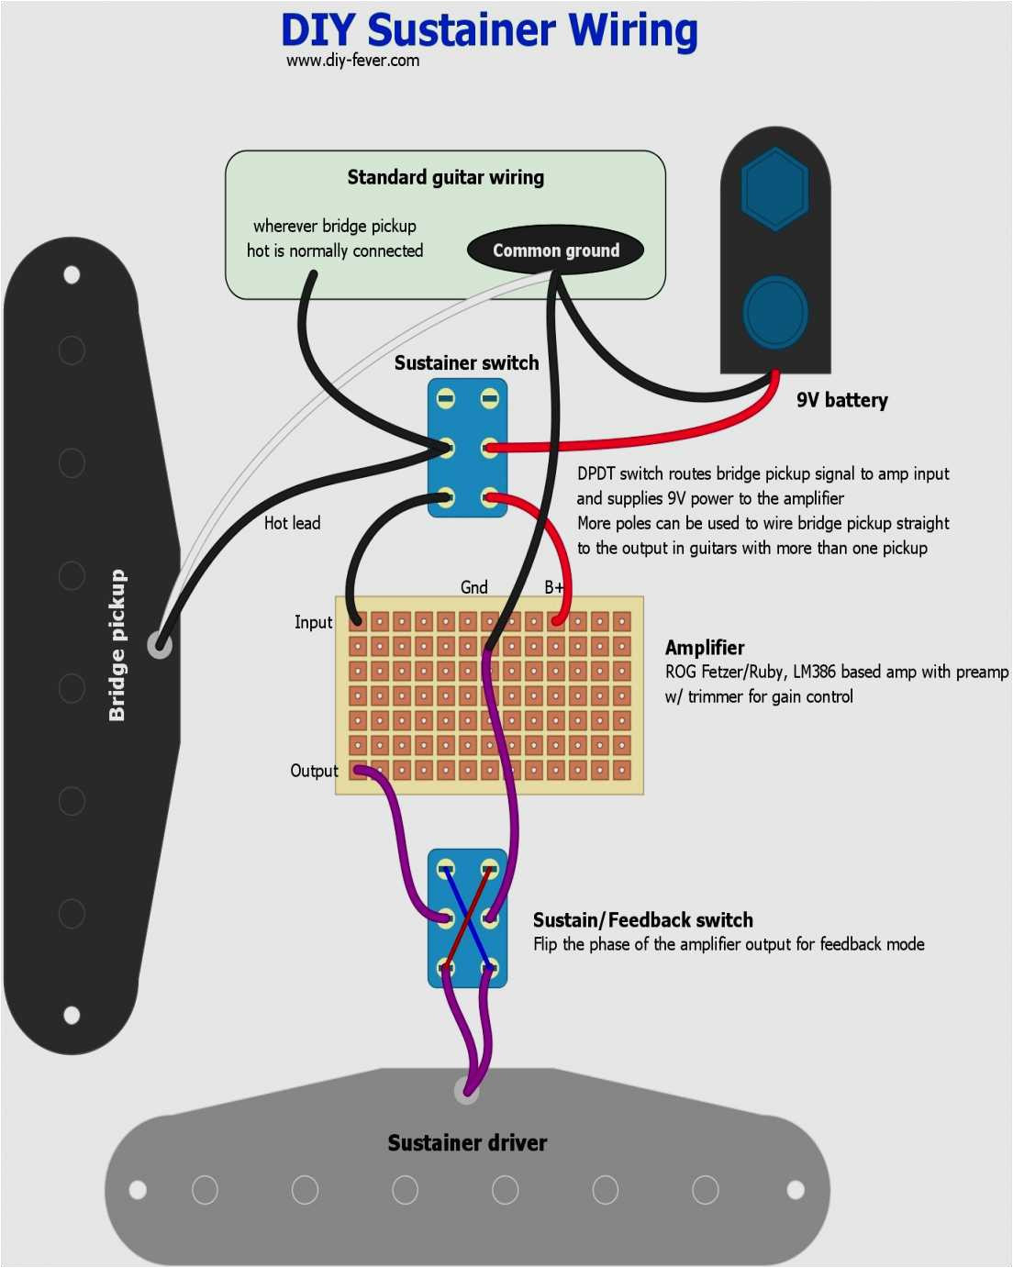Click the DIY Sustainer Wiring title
click(489, 30)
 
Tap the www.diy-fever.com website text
click(352, 61)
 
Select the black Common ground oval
click(555, 250)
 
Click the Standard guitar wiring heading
click(445, 177)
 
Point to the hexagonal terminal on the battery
click(774, 188)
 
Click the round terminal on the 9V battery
click(774, 312)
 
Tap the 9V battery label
click(841, 400)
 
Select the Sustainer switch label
click(466, 363)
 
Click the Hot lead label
click(292, 523)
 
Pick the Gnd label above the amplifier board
click(473, 587)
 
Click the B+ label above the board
click(554, 587)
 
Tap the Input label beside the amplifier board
click(313, 622)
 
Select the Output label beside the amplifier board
click(314, 771)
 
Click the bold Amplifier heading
click(704, 648)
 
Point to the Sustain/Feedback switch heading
click(642, 920)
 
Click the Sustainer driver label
click(467, 1143)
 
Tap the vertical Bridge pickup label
click(117, 645)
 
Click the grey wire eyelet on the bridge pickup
click(160, 645)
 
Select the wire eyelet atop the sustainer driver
click(466, 1091)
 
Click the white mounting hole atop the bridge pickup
click(72, 274)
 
